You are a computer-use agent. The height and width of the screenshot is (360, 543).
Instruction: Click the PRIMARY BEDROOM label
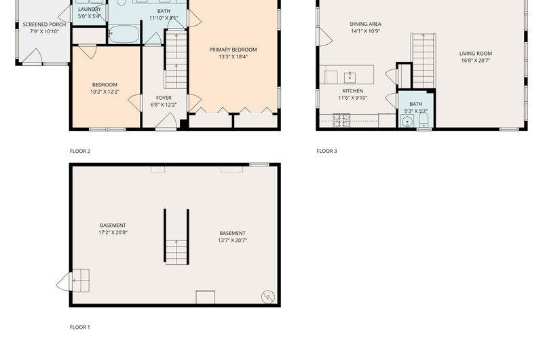point(233,50)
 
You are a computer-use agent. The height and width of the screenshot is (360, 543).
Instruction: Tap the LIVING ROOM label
point(476,54)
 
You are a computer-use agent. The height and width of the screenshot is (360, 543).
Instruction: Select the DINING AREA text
point(365,24)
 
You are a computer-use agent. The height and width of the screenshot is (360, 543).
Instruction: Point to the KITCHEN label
point(352,91)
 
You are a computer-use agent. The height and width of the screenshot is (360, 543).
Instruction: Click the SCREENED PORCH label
point(44,24)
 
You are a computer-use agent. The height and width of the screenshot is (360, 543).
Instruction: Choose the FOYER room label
point(164,98)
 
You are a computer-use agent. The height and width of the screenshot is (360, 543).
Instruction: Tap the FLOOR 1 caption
point(79,327)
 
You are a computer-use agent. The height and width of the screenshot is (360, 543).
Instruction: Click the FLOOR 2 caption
point(79,151)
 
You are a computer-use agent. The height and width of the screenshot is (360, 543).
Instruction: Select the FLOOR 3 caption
point(326,151)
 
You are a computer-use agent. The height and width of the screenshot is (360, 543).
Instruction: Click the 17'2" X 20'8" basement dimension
point(113,232)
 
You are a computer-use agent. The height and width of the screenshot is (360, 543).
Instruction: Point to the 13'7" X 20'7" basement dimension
point(232,240)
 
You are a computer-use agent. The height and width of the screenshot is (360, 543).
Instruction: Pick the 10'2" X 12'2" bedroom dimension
point(105,92)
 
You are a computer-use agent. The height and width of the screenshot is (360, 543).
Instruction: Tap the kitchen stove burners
point(341,120)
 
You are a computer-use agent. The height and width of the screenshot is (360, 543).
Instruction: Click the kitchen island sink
point(350,77)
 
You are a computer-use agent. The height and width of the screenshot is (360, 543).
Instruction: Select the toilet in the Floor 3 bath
point(424,120)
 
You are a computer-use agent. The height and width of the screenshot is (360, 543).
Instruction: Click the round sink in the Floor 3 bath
point(407,122)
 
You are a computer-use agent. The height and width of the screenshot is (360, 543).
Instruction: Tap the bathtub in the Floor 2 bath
point(124,34)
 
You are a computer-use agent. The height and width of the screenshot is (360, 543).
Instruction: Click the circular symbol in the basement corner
point(267,297)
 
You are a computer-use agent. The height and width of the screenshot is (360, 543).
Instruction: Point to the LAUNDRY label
point(90,10)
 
